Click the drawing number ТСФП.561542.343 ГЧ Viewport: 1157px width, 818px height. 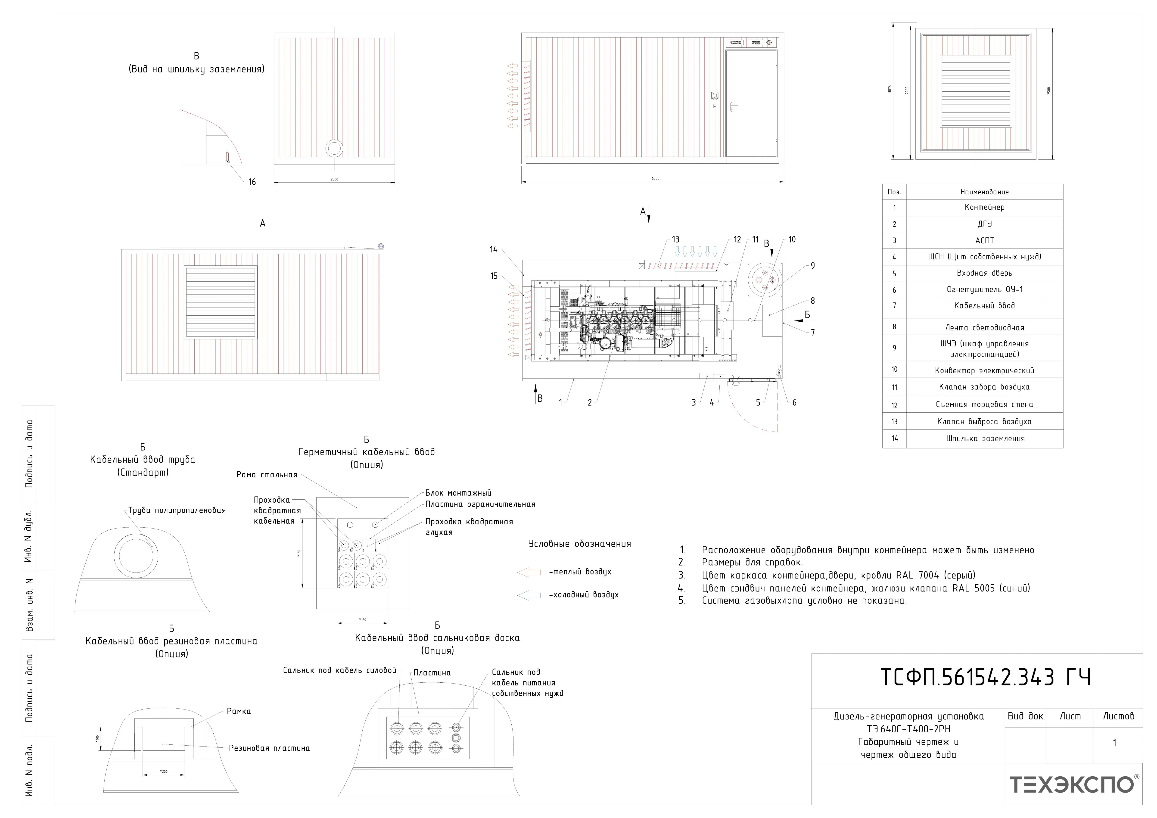985,677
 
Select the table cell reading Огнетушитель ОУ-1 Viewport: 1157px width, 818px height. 984,290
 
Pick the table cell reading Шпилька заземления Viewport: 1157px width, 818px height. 984,439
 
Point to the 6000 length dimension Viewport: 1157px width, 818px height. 655,178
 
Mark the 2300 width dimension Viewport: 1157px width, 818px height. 334,179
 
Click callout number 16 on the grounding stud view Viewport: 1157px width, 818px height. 252,182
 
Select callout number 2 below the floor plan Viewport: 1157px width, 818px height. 590,403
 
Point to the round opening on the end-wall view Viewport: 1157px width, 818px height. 334,148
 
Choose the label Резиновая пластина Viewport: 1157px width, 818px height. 269,748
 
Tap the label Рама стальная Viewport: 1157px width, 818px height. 267,475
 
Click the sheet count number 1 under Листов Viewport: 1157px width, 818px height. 1114,743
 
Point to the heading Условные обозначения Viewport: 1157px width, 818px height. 579,544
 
